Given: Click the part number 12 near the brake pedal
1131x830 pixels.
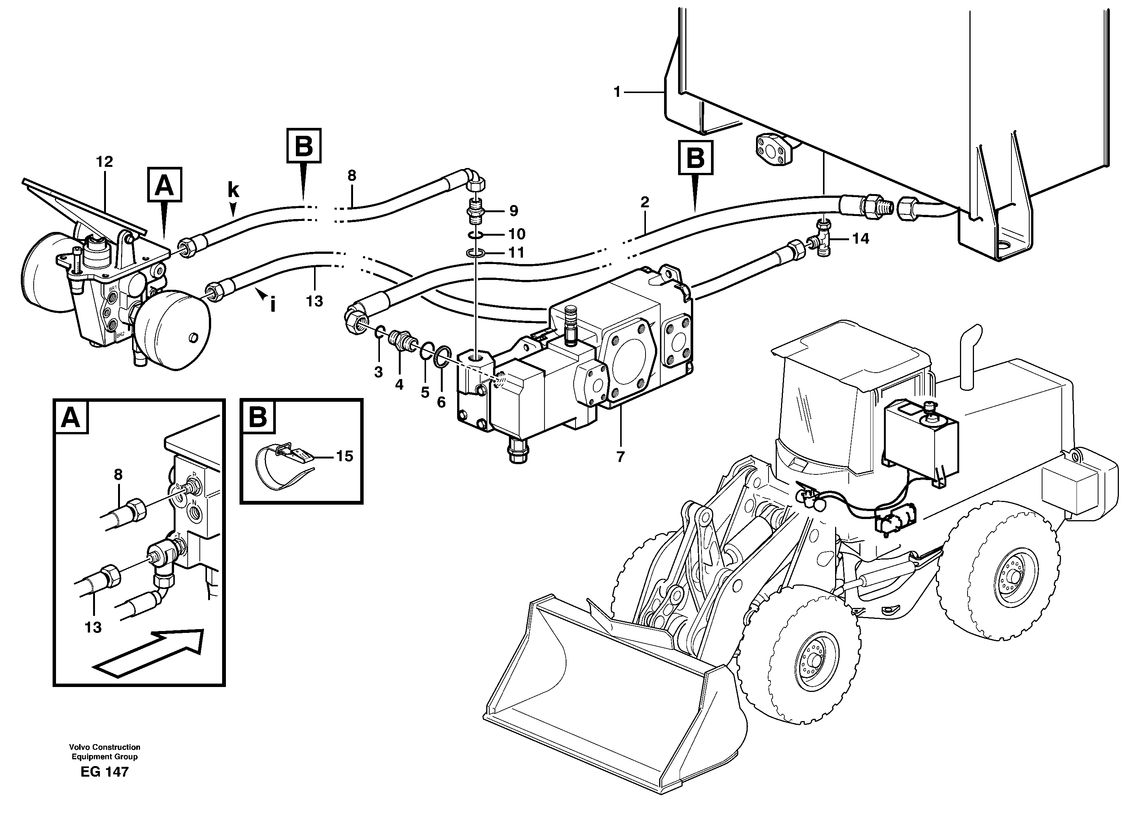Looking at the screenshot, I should pos(104,162).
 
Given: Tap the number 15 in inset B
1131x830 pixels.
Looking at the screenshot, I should pos(344,456).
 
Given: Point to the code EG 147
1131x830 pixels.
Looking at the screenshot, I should pos(104,772).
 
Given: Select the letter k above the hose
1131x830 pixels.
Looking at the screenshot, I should pos(233,190).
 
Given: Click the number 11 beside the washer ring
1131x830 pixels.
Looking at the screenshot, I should pos(516,252).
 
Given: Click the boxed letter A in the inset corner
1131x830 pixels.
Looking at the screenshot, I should pos(70,417).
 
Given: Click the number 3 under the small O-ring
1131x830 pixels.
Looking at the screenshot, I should pos(378,372).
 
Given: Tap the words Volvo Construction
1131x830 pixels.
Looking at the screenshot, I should pos(104,747).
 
